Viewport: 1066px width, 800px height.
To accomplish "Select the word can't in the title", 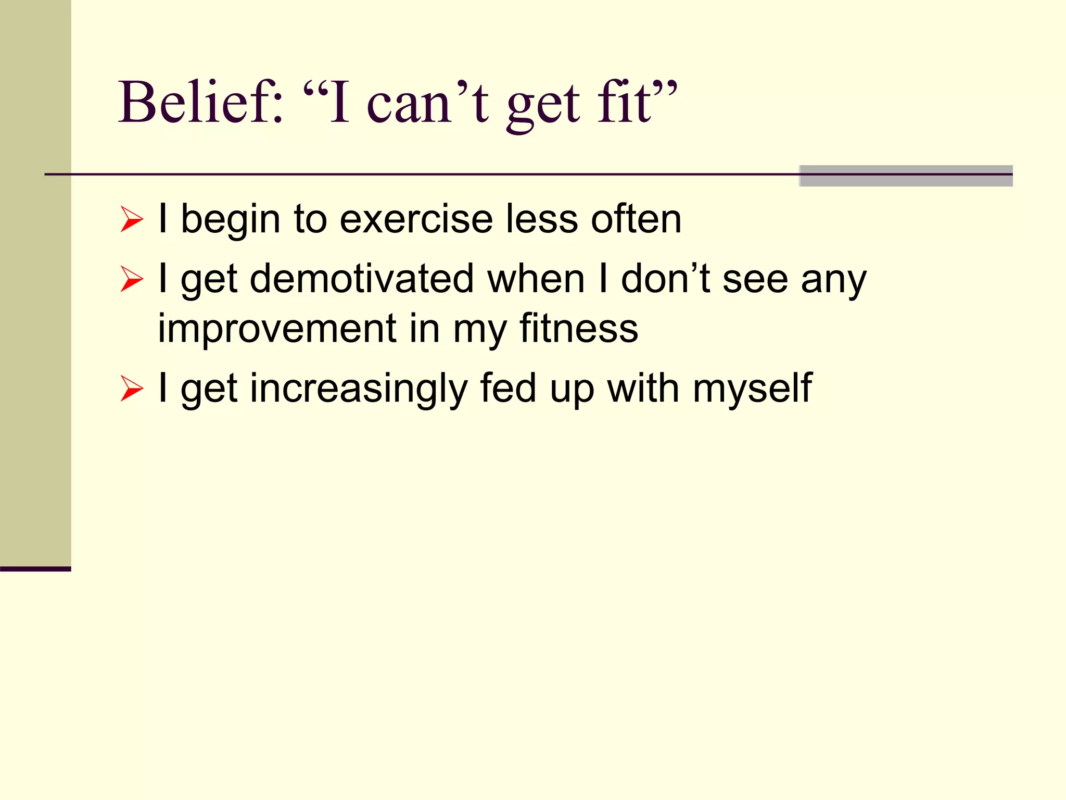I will (x=427, y=103).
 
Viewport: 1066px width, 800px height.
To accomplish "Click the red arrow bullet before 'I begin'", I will (x=131, y=219).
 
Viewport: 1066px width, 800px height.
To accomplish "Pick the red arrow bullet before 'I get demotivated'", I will (x=131, y=279).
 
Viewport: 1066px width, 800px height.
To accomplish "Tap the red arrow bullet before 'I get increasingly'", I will (x=131, y=389).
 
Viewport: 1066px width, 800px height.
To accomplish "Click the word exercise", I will (x=416, y=219).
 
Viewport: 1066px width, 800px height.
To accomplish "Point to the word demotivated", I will (x=362, y=279).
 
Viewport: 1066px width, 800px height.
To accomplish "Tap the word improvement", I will (x=277, y=329).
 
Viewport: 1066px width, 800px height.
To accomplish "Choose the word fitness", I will (x=578, y=328).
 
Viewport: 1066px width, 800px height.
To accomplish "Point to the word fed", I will (x=508, y=388).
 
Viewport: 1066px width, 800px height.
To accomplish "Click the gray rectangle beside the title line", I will (x=906, y=176).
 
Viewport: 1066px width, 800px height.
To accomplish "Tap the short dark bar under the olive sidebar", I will (x=35, y=569).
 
